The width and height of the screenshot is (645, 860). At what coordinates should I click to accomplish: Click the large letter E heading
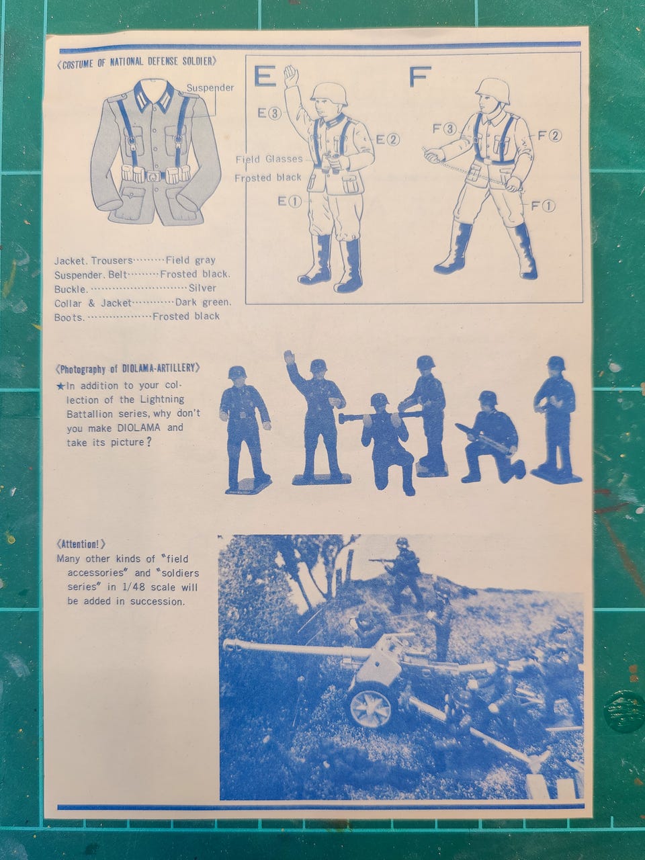265,76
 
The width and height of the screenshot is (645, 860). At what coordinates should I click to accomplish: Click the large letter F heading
420,77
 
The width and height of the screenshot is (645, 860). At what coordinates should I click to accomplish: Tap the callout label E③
269,114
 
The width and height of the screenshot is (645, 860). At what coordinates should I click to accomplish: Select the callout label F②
550,136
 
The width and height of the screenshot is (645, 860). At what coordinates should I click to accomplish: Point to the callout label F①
543,206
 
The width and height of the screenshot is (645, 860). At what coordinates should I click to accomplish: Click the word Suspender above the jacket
210,88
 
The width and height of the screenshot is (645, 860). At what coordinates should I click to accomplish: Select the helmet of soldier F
492,91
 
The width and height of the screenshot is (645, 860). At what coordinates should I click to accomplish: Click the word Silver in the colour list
202,288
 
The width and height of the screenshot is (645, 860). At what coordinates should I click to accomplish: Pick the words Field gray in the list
191,260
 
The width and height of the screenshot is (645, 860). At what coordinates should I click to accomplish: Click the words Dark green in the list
204,302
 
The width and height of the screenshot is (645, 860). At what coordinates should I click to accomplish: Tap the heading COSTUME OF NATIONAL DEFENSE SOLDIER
136,62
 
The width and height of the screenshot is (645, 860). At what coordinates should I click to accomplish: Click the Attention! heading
81,544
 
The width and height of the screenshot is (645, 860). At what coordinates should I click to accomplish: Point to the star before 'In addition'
60,387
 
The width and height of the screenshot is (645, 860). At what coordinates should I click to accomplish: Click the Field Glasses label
269,159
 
